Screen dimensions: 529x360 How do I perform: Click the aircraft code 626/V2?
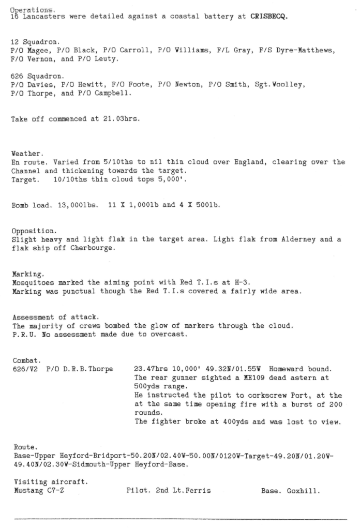[25, 369]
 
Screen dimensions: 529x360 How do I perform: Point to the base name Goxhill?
[304, 491]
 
